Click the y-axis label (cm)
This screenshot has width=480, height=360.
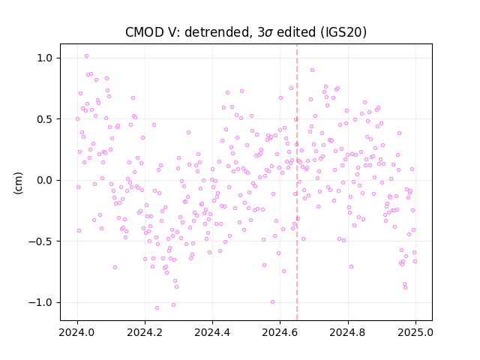pos(18,183)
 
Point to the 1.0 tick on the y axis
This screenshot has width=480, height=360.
pos(45,58)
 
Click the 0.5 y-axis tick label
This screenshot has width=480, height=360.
pos(45,119)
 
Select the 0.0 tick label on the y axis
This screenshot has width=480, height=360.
pos(45,180)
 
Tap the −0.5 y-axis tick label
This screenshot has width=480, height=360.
pos(41,241)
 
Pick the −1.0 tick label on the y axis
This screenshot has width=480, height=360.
pos(41,302)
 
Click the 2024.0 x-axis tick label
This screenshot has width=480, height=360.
pos(77,332)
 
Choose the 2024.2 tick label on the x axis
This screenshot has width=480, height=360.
pos(145,332)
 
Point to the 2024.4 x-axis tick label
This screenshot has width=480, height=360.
pos(212,332)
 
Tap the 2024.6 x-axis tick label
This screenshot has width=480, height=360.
pos(280,332)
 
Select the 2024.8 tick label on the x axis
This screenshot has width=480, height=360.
pos(348,332)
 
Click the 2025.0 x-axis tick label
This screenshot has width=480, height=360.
pos(415,332)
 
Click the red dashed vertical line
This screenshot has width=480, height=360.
pos(297,182)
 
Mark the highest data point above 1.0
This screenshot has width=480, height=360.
pos(87,56)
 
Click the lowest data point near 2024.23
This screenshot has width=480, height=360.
pos(157,308)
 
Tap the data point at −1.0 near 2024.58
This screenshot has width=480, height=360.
pos(272,301)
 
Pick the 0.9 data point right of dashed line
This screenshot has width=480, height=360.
pos(312,70)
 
